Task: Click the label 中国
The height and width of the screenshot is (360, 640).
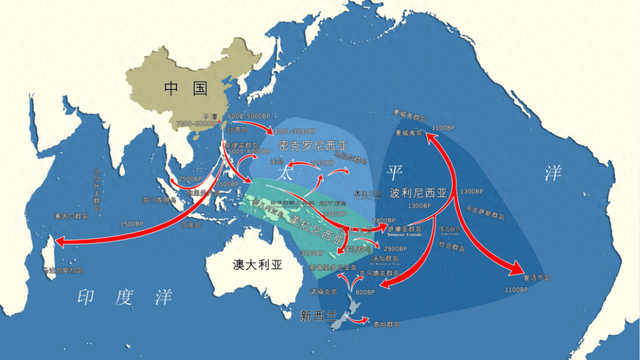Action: coord(186,88)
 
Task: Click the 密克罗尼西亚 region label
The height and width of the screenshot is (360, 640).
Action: coord(313,146)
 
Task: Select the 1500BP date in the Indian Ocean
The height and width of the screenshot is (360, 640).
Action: coord(131,223)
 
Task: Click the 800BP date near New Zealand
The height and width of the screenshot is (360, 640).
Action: coord(364,291)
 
